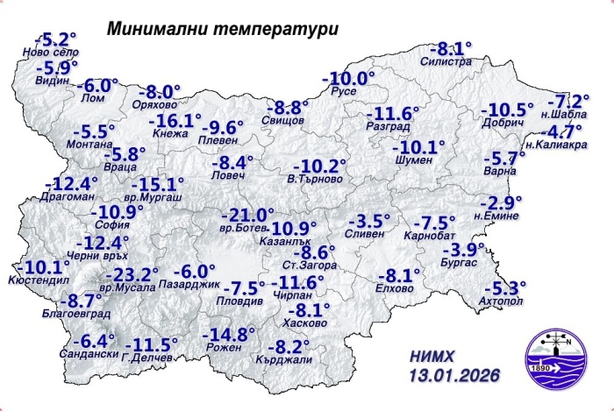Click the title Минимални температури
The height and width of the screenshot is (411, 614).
222,28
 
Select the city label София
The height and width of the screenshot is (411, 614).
107,224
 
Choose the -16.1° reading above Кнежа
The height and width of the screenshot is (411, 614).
174,121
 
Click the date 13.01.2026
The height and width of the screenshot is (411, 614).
454,375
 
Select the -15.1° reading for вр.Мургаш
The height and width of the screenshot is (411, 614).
157,185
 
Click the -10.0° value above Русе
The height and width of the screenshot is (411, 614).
347,78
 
